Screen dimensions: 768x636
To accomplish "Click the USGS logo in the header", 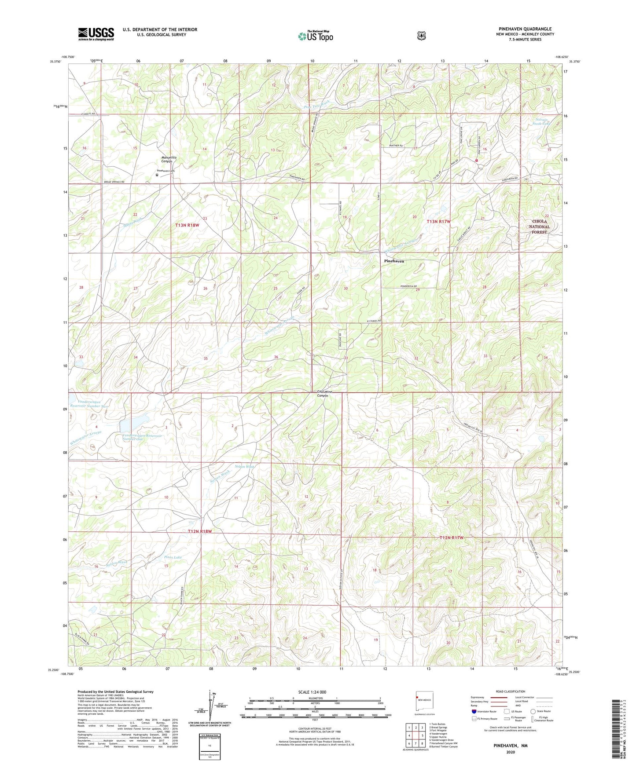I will pyautogui.click(x=96, y=34).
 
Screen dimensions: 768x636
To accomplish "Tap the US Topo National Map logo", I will pyautogui.click(x=315, y=36).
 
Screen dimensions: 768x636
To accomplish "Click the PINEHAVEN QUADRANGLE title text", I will pyautogui.click(x=525, y=29).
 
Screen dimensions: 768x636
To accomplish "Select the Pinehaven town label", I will pyautogui.click(x=394, y=261).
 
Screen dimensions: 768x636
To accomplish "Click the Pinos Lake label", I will pyautogui.click(x=173, y=557).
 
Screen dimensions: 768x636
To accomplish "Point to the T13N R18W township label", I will pyautogui.click(x=187, y=225).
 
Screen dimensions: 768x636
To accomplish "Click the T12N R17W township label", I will pyautogui.click(x=451, y=538).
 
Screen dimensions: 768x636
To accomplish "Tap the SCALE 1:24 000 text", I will pyautogui.click(x=312, y=692).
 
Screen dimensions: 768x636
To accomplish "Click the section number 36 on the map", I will pyautogui.click(x=276, y=357).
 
